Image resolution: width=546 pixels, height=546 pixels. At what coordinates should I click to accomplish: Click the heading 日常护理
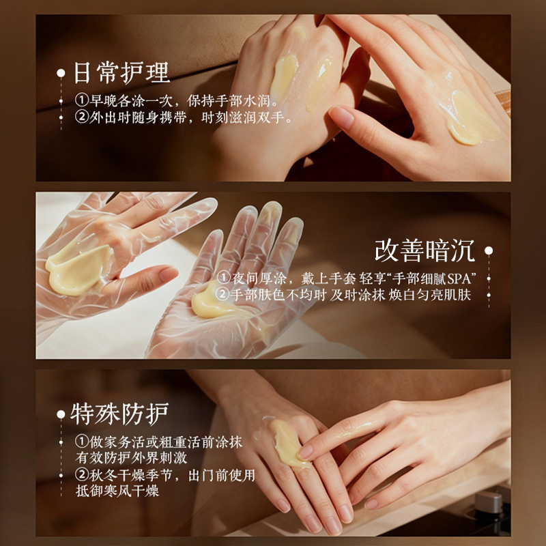click(x=122, y=73)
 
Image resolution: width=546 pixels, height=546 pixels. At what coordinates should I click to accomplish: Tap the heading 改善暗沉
click(x=425, y=250)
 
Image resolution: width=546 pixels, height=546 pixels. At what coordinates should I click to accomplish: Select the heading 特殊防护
click(x=119, y=414)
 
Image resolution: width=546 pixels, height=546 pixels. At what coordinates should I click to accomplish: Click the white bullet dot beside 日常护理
click(x=61, y=73)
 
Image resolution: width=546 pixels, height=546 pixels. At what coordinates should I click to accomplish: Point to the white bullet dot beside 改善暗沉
click(x=489, y=250)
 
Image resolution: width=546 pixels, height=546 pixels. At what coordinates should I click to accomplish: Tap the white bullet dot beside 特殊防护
click(x=61, y=414)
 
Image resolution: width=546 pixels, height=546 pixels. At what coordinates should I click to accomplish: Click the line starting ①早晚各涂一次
click(x=177, y=100)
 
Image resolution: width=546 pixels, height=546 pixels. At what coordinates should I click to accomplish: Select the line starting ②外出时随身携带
click(x=184, y=117)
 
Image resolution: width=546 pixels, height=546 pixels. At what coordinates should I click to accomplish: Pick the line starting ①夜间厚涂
click(x=347, y=278)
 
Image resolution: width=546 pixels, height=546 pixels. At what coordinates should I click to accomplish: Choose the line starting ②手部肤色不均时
click(x=343, y=295)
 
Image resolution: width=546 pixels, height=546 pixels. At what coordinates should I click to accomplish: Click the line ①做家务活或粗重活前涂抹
click(x=158, y=442)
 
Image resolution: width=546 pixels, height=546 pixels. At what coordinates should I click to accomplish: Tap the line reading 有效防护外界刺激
click(x=131, y=458)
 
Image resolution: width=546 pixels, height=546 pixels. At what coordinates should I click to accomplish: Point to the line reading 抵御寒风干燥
click(x=117, y=491)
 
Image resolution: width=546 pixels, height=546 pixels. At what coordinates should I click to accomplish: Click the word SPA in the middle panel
click(x=459, y=279)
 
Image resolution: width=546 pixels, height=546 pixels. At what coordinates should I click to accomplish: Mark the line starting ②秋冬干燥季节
click(x=165, y=475)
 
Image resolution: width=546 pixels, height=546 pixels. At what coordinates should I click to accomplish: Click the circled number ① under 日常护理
click(x=81, y=100)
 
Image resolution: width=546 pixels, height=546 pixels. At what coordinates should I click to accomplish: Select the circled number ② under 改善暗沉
click(x=222, y=295)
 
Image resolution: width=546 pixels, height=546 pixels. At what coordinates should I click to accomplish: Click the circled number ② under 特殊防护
click(x=81, y=475)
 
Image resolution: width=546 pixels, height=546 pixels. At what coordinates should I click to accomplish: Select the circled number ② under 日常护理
click(x=81, y=117)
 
